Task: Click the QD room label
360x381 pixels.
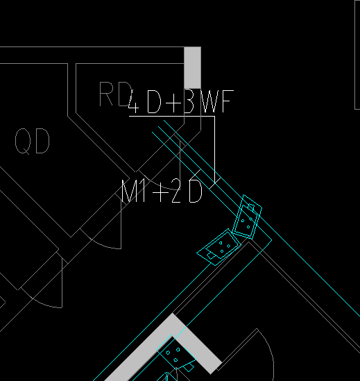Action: coord(33,141)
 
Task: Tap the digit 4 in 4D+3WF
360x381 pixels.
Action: coord(134,101)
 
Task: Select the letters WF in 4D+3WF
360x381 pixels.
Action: coord(218,101)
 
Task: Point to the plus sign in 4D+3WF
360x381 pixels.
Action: coord(173,103)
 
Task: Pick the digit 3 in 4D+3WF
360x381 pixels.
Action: coord(189,101)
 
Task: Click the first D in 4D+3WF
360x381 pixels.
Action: coord(154,101)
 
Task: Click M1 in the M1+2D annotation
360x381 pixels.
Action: coord(133,191)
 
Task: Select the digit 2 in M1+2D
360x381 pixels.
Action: coord(176,191)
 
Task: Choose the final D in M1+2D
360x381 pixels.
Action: coord(196,191)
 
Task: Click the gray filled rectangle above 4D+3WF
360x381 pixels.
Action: coord(192,67)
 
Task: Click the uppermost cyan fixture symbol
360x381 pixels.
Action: coord(248,217)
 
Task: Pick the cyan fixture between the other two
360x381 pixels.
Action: coord(218,247)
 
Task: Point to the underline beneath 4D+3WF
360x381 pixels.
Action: coord(172,117)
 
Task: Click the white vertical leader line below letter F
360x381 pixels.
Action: coord(215,149)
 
